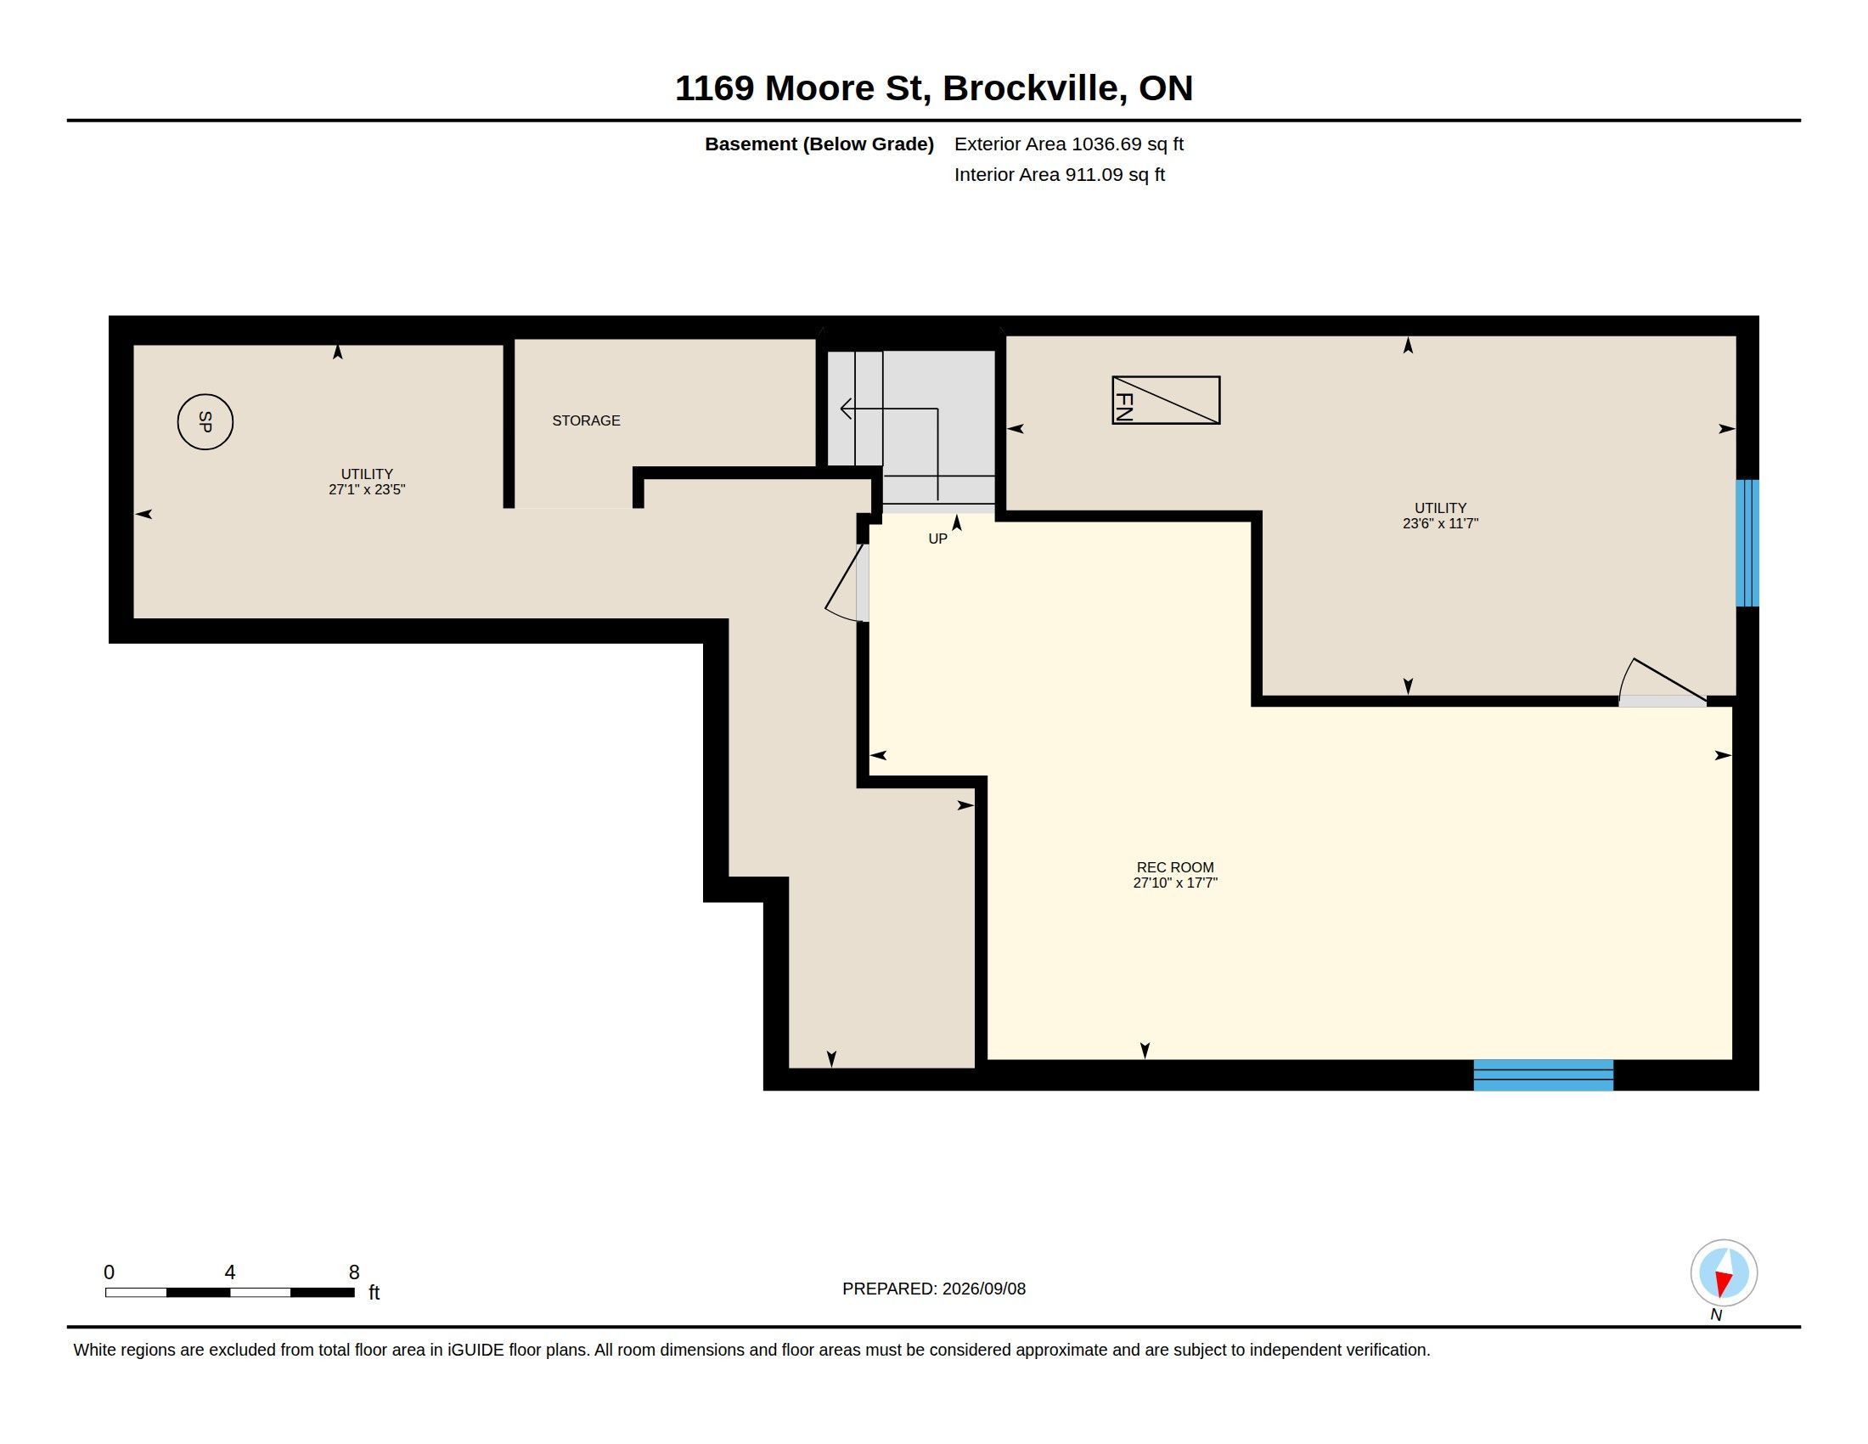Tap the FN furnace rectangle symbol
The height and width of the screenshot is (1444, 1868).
(1166, 399)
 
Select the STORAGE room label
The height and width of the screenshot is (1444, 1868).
(586, 420)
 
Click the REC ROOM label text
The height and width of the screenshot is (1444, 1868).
(1175, 867)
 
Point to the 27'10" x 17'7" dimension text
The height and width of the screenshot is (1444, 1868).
(1175, 883)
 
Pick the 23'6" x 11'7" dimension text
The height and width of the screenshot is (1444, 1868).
(1440, 523)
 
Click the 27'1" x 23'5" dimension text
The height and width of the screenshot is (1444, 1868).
(367, 490)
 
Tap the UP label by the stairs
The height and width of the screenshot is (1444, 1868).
(937, 539)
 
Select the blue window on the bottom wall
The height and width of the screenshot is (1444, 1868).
(1543, 1075)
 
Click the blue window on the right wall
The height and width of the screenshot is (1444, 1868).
(1747, 544)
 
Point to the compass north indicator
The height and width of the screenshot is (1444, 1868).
(1724, 1273)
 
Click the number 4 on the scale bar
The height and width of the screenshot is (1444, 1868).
(230, 1272)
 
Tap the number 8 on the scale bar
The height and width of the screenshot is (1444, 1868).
(354, 1272)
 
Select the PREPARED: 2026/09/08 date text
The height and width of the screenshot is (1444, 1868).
(934, 1289)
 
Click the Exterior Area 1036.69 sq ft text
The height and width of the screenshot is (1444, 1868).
(1068, 144)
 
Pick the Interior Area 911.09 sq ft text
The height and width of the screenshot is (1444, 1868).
(1059, 174)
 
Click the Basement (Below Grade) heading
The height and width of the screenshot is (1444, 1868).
(819, 144)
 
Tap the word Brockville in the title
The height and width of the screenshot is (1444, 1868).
(1034, 88)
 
